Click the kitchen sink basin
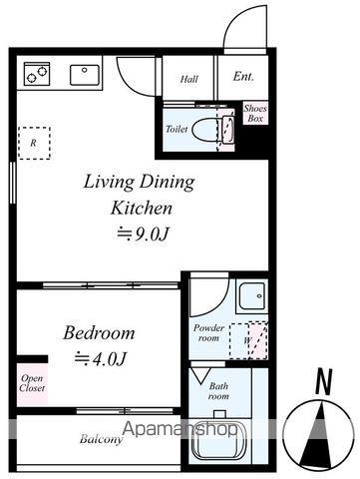point(85,75)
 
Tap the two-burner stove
point(37,74)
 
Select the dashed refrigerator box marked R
point(34,143)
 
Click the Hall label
point(189,79)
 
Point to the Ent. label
point(243,76)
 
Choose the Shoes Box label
point(255,113)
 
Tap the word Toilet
point(177,129)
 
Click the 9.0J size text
point(144,235)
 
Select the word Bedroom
point(99,332)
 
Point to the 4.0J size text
point(101,358)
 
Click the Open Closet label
point(32,383)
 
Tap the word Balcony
point(101,439)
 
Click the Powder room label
point(208,333)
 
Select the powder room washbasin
point(252,296)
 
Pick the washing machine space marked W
point(248,340)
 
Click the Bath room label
point(218,391)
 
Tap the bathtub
point(219,440)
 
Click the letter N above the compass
point(324,382)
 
